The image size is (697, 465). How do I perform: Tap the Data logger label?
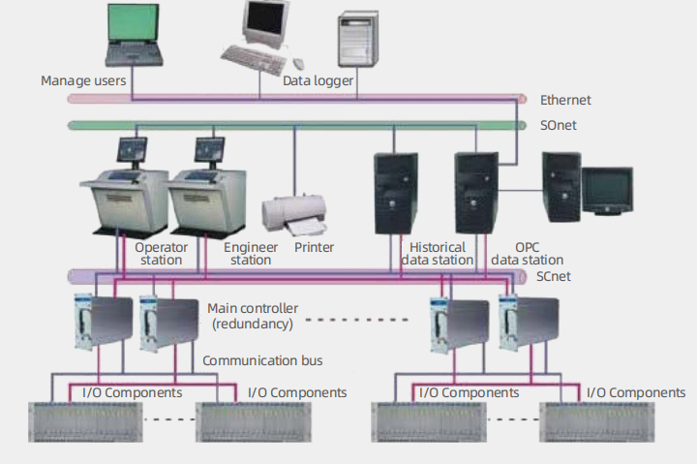click(318, 80)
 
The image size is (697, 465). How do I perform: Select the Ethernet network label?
click(565, 100)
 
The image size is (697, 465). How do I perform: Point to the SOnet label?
click(559, 125)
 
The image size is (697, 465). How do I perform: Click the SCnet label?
click(557, 276)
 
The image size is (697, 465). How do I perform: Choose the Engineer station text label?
click(251, 253)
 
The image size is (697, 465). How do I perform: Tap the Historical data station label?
click(437, 253)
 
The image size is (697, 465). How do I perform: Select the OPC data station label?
click(527, 253)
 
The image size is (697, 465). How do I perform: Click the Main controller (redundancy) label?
click(253, 315)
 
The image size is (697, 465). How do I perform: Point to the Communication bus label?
click(262, 360)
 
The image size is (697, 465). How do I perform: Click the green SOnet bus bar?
click(290, 125)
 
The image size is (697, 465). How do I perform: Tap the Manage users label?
click(83, 80)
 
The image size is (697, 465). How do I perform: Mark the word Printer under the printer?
click(314, 247)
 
